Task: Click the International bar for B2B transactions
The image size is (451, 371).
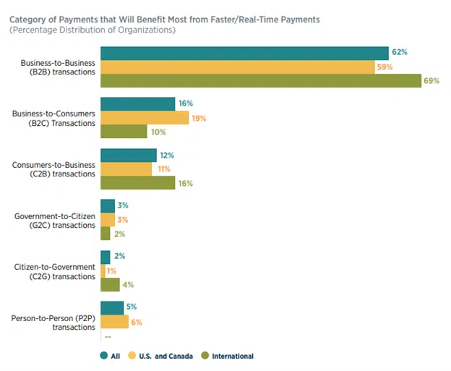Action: pos(261,80)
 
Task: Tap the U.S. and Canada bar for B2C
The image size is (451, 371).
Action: pos(145,118)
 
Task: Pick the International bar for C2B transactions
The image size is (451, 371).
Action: pos(137,183)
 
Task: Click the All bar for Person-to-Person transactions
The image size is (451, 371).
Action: pos(112,307)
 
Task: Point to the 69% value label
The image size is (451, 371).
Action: pos(432,80)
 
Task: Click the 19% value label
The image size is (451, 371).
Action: pos(199,118)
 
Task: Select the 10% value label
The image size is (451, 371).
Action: pos(157,132)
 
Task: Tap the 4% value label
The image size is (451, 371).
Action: pos(127,285)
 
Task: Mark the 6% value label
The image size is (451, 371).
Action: pos(136,321)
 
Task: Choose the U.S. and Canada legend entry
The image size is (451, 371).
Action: pos(158,356)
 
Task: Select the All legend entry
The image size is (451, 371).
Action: pos(109,356)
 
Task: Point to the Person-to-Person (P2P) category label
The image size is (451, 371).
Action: pos(53,322)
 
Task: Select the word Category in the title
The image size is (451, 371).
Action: pos(30,18)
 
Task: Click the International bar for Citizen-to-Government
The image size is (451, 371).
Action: pos(110,285)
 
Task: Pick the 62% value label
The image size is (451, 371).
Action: pos(400,53)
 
